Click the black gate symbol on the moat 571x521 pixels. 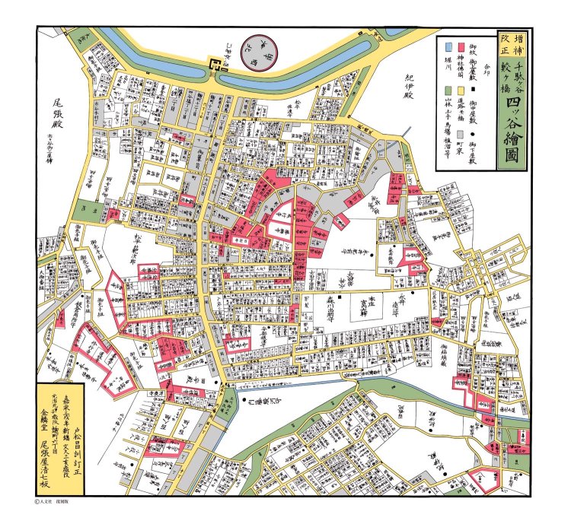click(x=215, y=69)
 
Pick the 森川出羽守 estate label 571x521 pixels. click(x=325, y=310)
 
